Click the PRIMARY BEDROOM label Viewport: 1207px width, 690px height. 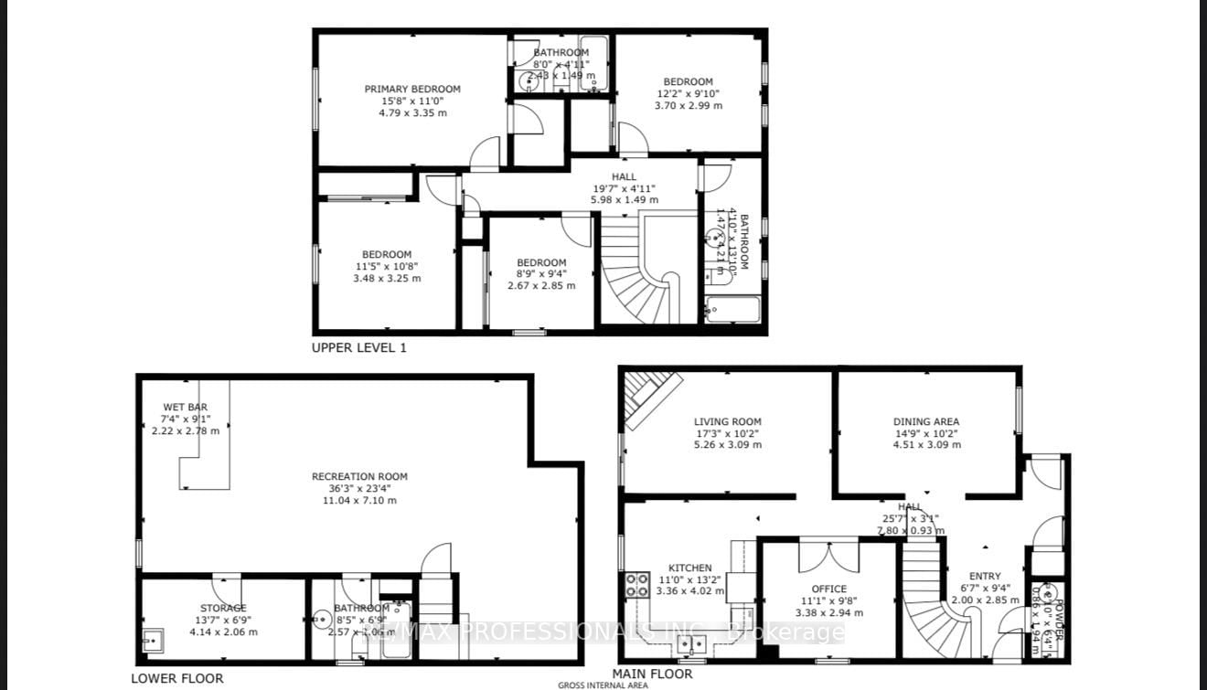(x=412, y=89)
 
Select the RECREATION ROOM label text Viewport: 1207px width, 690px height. (x=359, y=476)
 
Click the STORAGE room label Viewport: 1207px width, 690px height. (x=223, y=608)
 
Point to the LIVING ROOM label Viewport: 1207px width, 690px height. (x=727, y=421)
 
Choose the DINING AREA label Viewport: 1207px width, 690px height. (x=926, y=421)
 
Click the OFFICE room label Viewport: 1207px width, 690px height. (x=828, y=589)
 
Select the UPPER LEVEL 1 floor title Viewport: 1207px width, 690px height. (x=358, y=347)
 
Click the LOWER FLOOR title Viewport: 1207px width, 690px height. (x=176, y=678)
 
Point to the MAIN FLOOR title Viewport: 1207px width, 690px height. (x=652, y=674)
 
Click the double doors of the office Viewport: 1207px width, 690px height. (x=828, y=557)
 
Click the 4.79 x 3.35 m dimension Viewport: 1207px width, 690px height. (x=413, y=113)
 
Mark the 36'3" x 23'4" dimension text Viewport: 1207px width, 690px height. (x=359, y=488)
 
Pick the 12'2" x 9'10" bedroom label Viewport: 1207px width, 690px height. (x=688, y=93)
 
